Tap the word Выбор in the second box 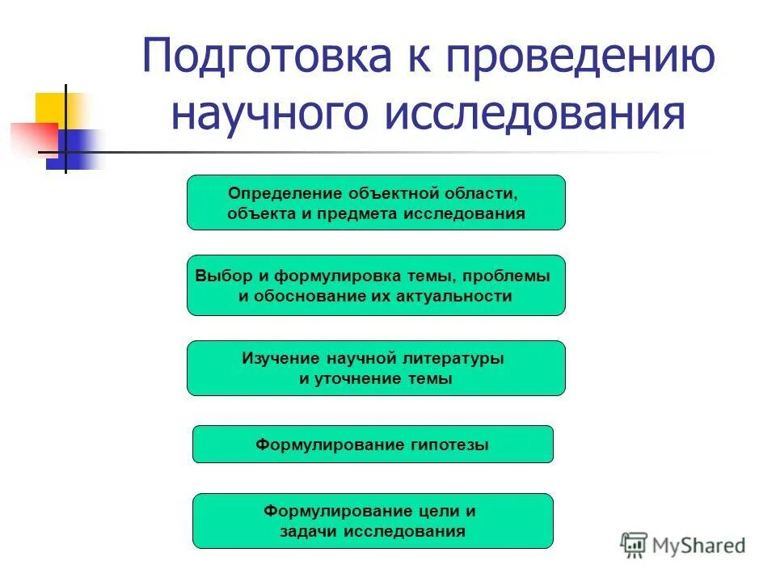pos(219,275)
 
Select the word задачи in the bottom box pos(309,531)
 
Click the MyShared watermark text pos(699,546)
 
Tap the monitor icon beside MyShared pos(635,546)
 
